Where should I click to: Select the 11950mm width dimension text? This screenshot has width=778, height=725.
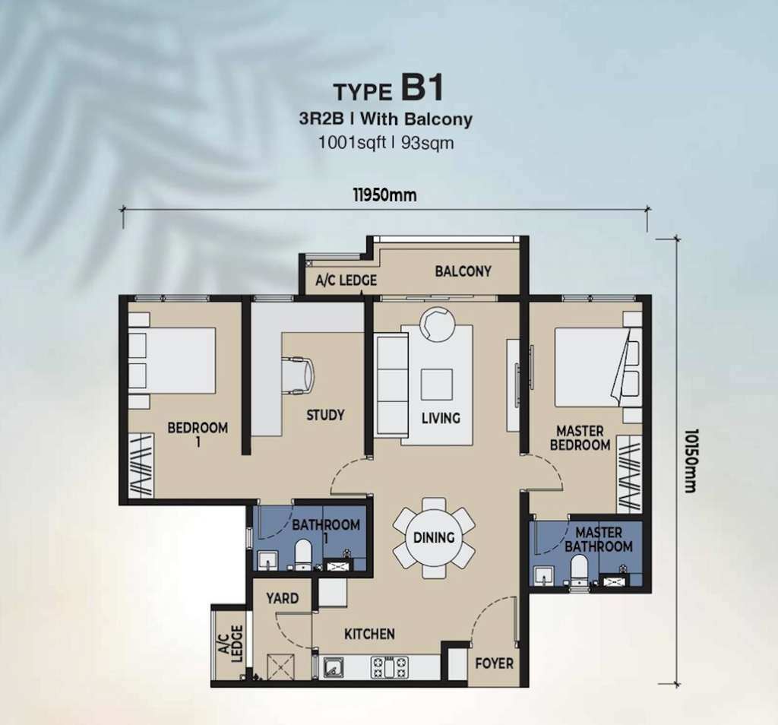point(384,195)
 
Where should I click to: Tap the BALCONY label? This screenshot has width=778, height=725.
point(463,271)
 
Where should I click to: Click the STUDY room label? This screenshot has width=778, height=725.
point(325,415)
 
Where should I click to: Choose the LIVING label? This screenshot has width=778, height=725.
point(441,418)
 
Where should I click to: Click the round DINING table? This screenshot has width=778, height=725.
point(434,537)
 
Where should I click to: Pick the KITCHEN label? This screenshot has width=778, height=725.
point(369,634)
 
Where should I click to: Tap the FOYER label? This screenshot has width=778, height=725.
point(494,663)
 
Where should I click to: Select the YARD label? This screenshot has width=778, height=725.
point(282,598)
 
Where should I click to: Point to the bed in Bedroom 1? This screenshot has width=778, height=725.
point(173,360)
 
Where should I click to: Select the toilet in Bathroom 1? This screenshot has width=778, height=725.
point(303,555)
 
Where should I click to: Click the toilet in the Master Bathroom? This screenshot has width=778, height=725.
point(579,571)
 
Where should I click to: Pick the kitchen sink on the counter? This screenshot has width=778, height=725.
point(331,668)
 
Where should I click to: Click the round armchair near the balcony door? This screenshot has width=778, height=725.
point(437,322)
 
